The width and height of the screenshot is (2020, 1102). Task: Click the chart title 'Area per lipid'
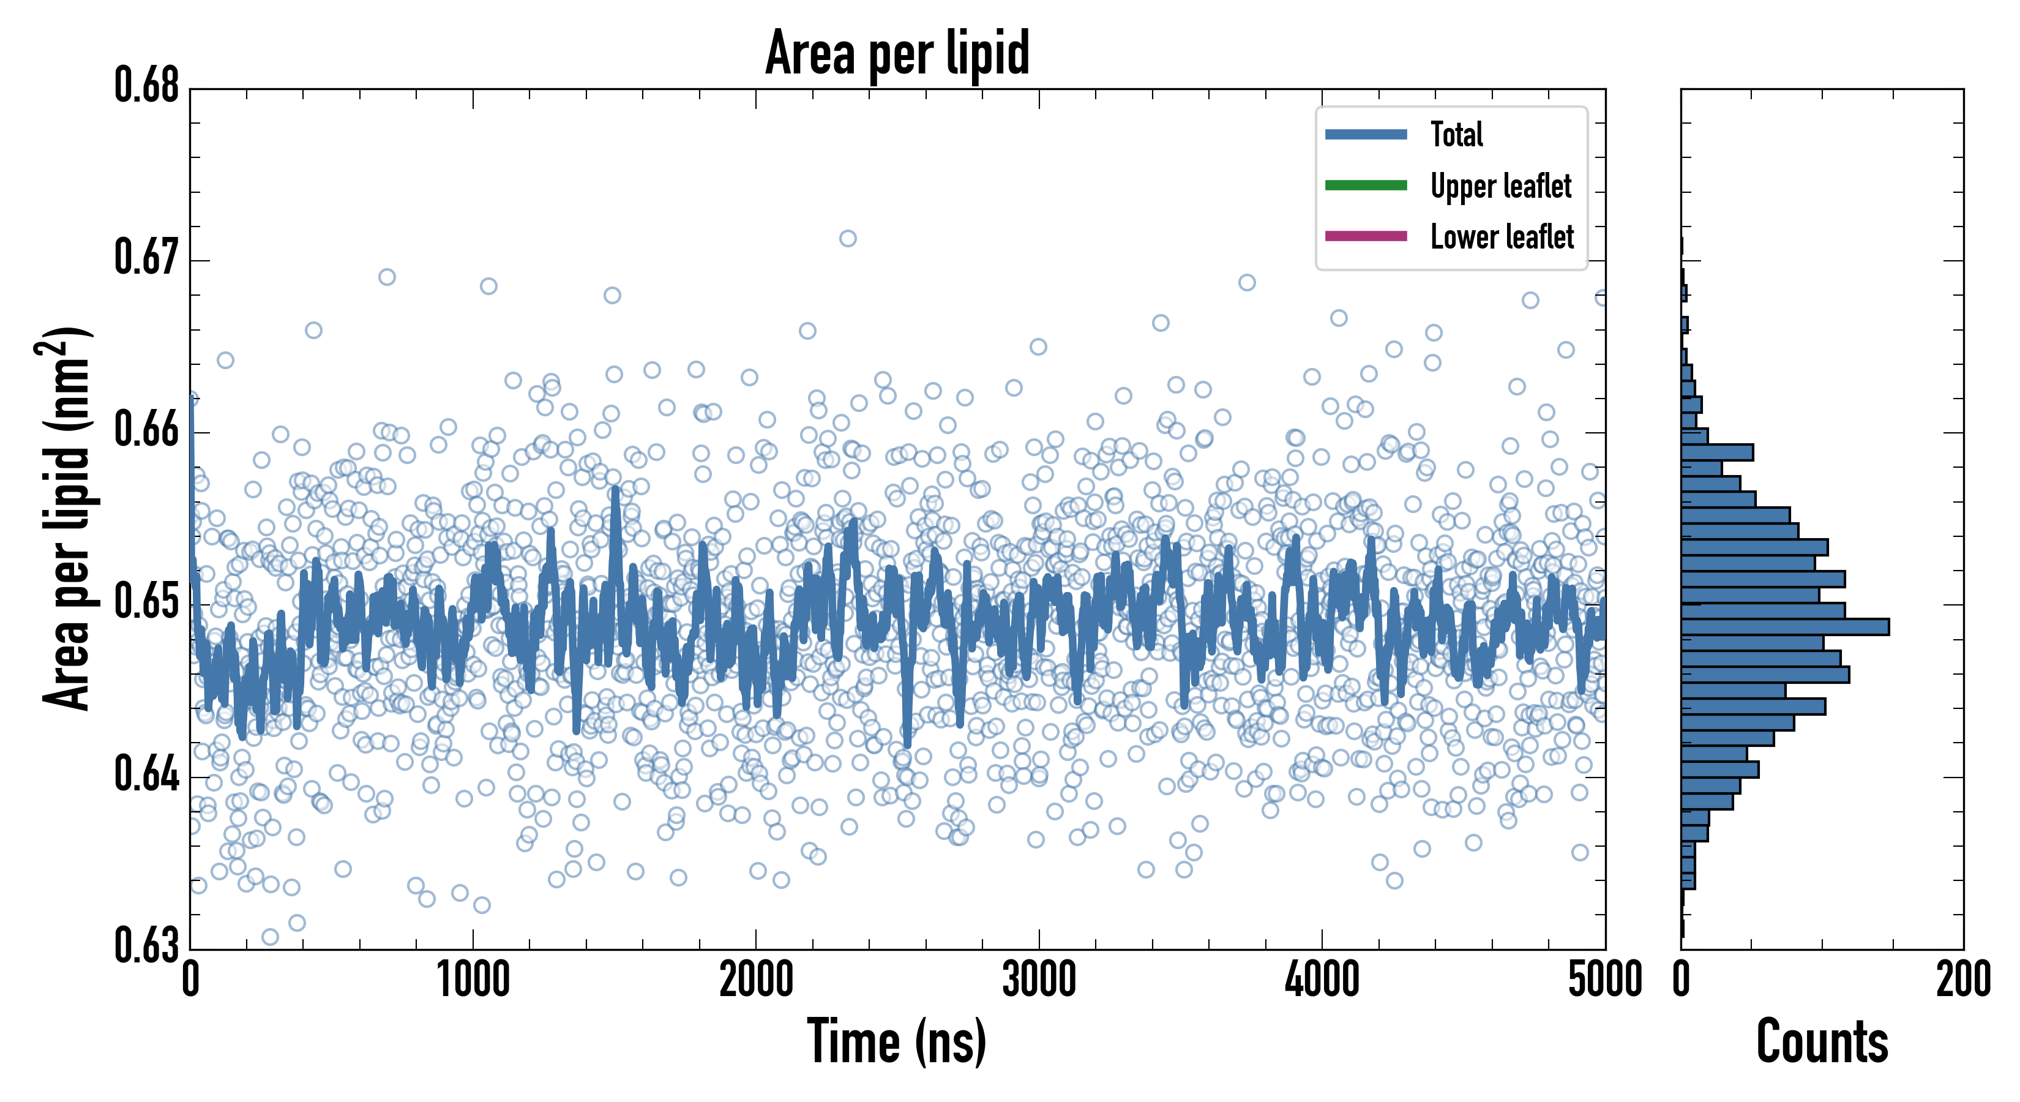tap(897, 53)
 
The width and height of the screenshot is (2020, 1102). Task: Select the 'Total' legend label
tap(1456, 134)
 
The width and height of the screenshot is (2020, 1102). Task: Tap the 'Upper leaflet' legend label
tap(1501, 186)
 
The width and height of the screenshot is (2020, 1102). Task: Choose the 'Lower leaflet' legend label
tap(1502, 237)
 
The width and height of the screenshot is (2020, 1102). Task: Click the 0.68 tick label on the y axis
tap(147, 86)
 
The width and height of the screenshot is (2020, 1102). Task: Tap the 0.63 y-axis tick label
tap(147, 946)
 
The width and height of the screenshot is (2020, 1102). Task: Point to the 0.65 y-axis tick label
tap(147, 602)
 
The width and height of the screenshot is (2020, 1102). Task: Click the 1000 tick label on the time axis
tap(473, 980)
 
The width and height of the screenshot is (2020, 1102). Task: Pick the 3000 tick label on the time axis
tap(1039, 980)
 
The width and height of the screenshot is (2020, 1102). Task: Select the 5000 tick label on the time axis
tap(1604, 980)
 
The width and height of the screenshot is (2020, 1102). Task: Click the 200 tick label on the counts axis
tap(1962, 980)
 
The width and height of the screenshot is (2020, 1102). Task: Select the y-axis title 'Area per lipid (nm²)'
tap(67, 519)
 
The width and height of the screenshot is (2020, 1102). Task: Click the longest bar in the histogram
tap(1785, 627)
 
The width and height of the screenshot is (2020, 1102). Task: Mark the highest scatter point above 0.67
tap(848, 238)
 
